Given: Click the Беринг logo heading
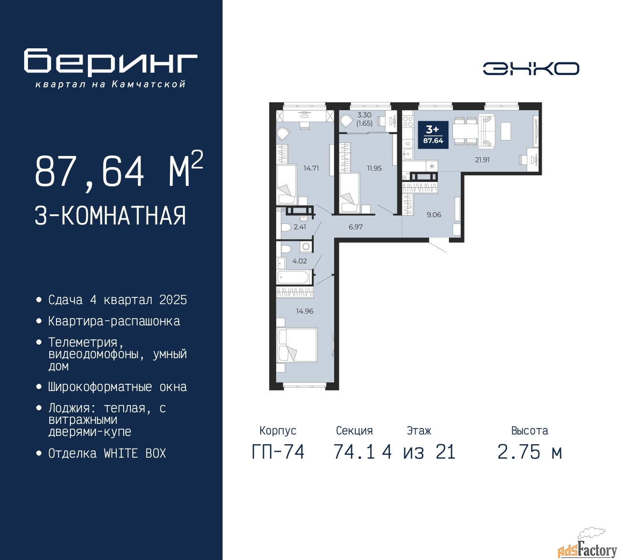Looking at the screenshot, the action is tap(111, 62).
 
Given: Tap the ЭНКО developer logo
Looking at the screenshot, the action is tap(531, 69).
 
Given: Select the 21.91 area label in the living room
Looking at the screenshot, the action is tap(482, 160).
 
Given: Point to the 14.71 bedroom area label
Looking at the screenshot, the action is tap(311, 168).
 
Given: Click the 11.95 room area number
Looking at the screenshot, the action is tap(374, 168).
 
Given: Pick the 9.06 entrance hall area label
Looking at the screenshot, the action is tap(434, 215).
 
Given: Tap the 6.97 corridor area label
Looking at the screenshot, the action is tap(355, 227).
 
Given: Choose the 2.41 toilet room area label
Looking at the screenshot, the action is tap(300, 227).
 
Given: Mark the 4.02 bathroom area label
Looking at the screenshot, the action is tap(299, 261).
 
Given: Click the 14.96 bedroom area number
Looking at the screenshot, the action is tap(305, 311).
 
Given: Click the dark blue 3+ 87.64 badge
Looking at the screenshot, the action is tap(433, 135).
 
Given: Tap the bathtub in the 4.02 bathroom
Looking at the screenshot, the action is tap(293, 277).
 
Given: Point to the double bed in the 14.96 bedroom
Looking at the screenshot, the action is tap(297, 345).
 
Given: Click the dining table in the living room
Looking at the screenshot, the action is tap(465, 131).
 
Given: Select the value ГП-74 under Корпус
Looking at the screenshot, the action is tap(278, 452).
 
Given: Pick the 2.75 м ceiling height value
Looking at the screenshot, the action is tap(530, 452).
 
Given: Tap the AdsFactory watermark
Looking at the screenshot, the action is tap(587, 546).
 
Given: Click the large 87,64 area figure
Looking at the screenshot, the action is tap(89, 171).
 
